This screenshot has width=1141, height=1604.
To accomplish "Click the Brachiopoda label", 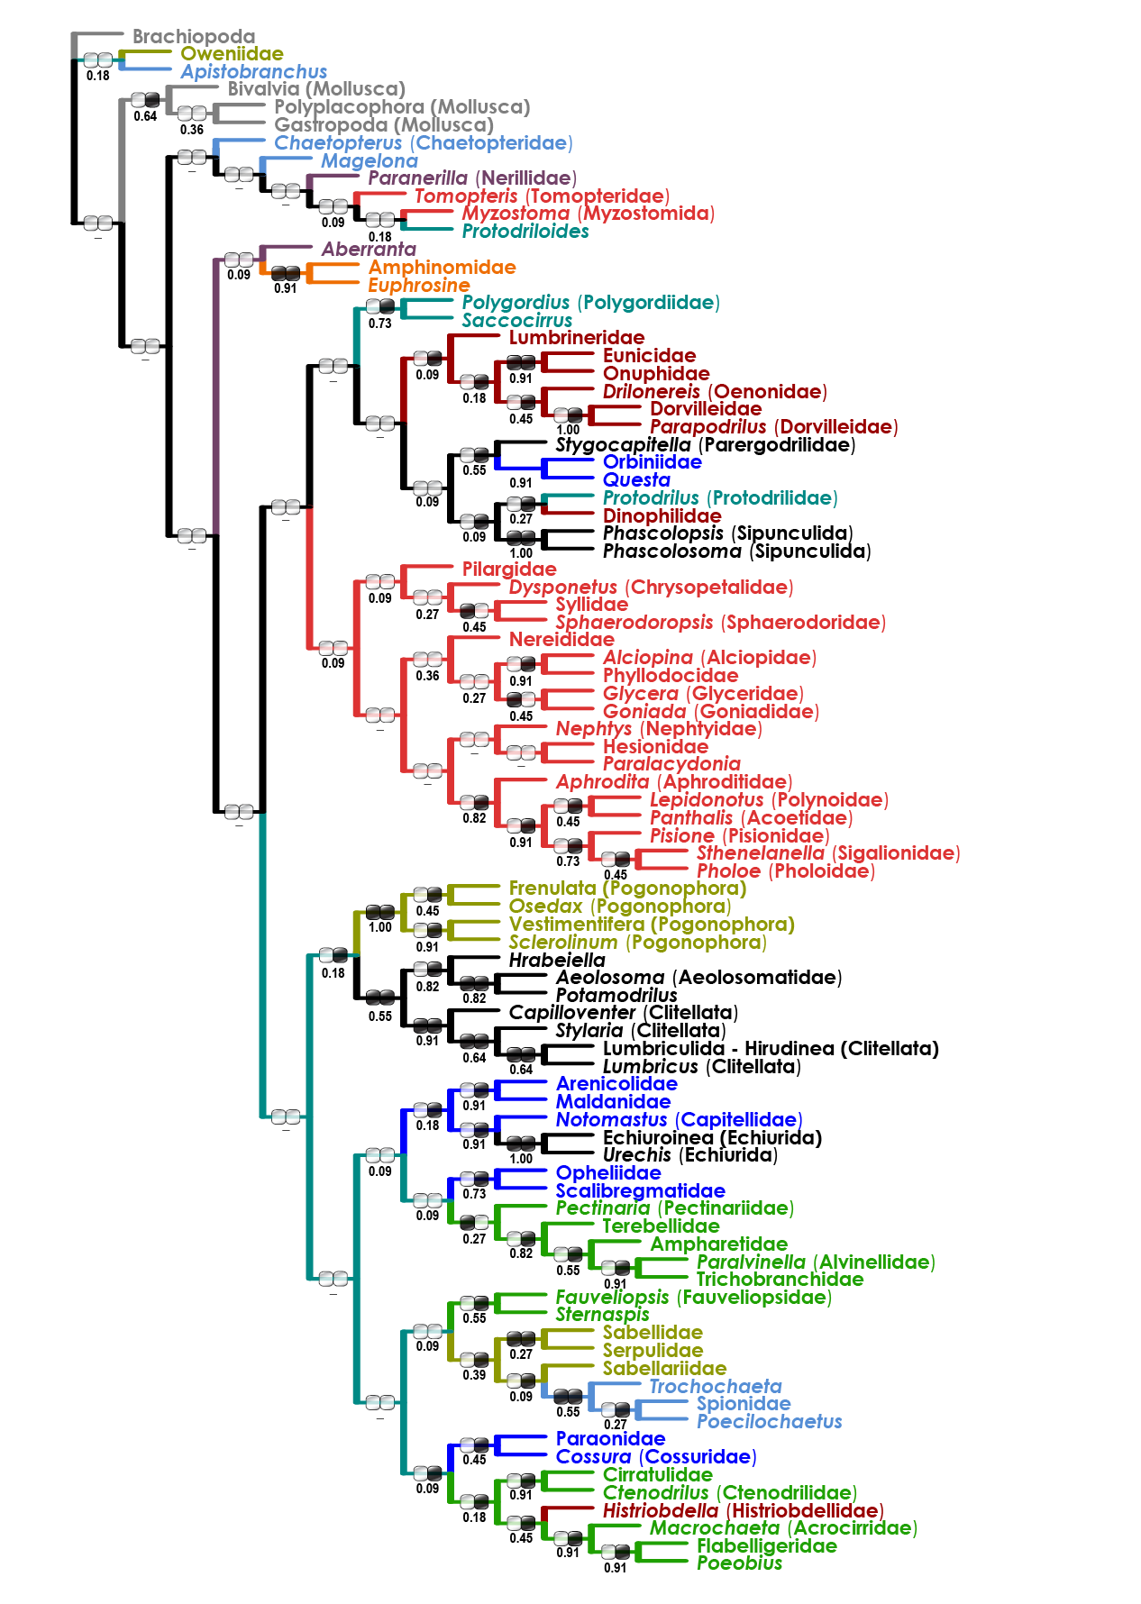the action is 194,37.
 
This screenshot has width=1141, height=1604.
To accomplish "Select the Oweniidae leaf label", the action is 232,54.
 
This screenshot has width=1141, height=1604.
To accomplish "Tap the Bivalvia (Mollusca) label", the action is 316,89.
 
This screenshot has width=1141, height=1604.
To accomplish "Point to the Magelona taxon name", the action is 370,161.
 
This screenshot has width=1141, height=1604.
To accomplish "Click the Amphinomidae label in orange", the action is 442,268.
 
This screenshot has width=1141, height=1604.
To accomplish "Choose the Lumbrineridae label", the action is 577,338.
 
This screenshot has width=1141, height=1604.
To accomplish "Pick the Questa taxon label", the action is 636,480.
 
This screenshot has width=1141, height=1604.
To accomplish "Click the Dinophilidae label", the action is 662,516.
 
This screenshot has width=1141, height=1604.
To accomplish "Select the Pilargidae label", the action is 509,570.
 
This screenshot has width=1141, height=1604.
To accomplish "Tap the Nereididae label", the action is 561,640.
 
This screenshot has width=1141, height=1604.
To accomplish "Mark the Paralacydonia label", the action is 671,764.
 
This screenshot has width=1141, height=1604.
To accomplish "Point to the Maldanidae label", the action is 613,1102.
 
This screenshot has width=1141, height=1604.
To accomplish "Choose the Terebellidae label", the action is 661,1226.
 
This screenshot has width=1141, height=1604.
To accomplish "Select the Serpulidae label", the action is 653,1351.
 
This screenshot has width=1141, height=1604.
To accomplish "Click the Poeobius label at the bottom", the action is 739,1563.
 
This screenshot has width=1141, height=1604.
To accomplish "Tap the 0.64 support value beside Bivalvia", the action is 145,116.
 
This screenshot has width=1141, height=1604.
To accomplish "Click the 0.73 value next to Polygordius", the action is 380,324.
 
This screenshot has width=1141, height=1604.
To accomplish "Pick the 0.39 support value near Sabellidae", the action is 474,1375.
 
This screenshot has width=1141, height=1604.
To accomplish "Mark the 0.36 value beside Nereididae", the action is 427,676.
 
